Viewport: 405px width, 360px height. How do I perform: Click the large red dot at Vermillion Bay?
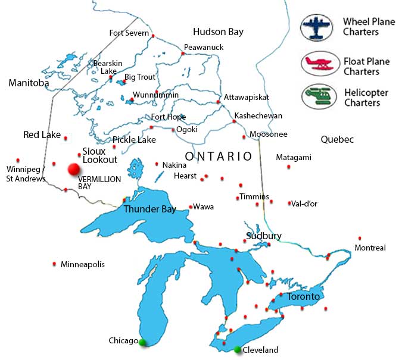pos(74,170)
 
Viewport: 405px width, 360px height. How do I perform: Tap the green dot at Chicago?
pos(142,342)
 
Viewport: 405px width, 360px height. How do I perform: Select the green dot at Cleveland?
pos(238,349)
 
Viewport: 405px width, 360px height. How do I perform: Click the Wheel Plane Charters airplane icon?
pos(319,27)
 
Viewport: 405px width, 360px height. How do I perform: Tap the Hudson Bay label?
pos(218,32)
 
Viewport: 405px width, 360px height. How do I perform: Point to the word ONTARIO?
pos(218,156)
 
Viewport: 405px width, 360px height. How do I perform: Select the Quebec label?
pos(337,140)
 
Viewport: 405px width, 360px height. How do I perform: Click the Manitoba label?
pos(29,83)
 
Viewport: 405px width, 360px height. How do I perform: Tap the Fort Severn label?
pos(129,33)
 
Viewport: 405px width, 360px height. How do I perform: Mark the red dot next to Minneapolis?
pos(55,264)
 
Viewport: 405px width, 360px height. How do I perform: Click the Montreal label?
pos(370,248)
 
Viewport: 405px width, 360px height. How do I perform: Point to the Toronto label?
pos(303,296)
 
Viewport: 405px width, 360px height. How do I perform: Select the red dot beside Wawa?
pos(190,208)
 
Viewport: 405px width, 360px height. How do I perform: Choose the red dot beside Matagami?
pos(289,167)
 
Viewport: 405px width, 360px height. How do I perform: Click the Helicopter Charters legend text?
pos(366,98)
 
